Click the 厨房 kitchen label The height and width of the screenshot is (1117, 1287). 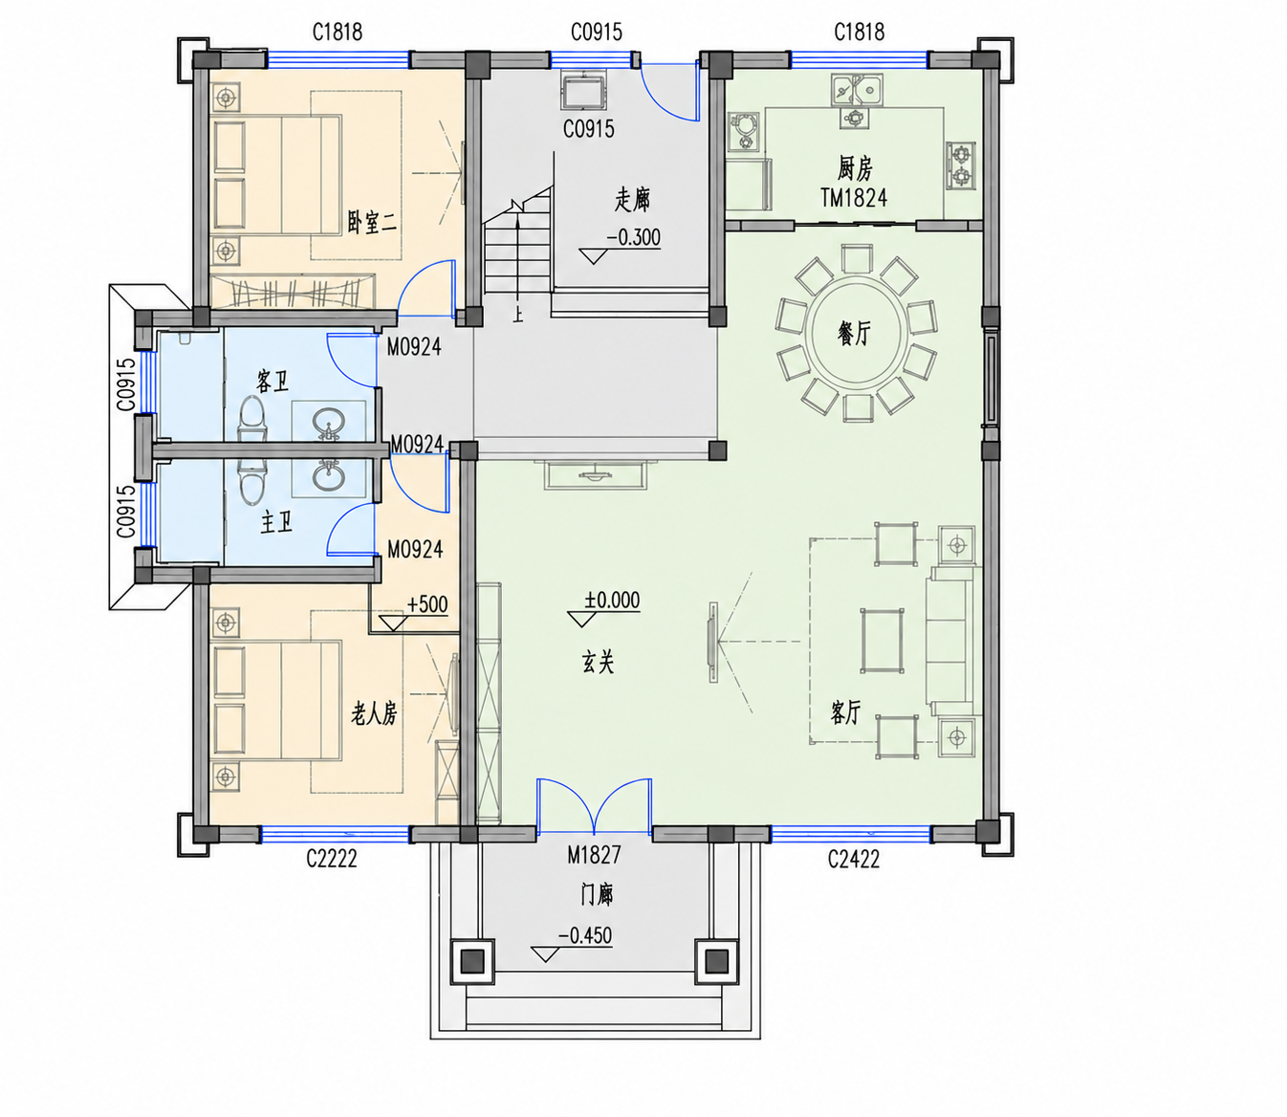tap(855, 168)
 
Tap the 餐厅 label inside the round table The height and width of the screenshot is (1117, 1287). tap(854, 332)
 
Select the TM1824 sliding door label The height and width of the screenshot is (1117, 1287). tap(854, 198)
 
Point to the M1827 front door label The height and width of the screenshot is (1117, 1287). tap(594, 855)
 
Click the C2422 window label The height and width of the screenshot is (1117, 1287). tap(853, 859)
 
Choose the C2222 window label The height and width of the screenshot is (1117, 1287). tap(332, 859)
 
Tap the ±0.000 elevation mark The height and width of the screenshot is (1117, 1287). tap(612, 600)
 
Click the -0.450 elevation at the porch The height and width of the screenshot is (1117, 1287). tap(584, 936)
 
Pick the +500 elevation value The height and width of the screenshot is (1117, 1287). tap(427, 604)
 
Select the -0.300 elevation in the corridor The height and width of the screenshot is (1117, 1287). tap(633, 238)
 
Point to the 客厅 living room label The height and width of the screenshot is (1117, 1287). tap(844, 712)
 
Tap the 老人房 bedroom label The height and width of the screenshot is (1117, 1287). tap(374, 713)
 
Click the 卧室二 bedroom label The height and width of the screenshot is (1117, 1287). tap(372, 223)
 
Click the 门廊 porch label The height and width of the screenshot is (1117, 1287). tap(597, 894)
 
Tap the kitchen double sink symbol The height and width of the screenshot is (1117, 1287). tap(856, 89)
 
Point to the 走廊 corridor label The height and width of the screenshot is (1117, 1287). tap(632, 199)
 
